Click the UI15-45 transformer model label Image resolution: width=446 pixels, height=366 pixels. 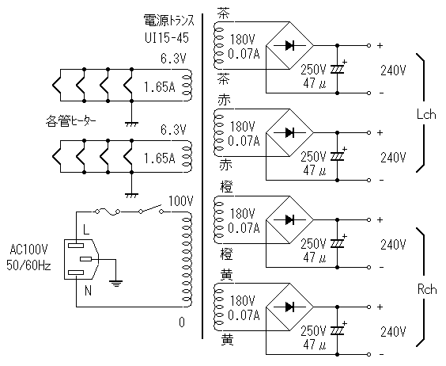click(x=167, y=37)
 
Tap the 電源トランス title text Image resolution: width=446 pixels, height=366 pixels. click(x=168, y=21)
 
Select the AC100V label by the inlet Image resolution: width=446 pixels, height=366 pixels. click(x=29, y=250)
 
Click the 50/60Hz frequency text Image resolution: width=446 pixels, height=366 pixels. click(x=28, y=265)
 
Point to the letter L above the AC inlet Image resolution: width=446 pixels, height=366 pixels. click(x=86, y=229)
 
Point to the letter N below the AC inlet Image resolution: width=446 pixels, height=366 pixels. click(x=88, y=291)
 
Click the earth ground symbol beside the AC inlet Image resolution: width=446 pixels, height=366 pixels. click(x=115, y=284)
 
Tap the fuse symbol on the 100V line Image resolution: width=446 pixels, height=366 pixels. click(x=108, y=212)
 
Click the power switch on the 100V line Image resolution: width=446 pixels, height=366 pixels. click(x=151, y=209)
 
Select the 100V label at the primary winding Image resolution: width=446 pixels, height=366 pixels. click(x=181, y=201)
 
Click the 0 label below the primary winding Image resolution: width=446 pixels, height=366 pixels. click(x=182, y=322)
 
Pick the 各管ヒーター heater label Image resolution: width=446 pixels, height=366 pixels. click(x=70, y=121)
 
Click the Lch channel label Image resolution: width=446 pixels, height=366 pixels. click(x=426, y=115)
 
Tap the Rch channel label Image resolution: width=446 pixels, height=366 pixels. click(x=427, y=290)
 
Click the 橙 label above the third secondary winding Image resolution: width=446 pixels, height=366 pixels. click(x=226, y=187)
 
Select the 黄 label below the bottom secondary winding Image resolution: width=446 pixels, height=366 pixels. click(x=227, y=340)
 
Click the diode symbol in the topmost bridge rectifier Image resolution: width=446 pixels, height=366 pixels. click(x=289, y=45)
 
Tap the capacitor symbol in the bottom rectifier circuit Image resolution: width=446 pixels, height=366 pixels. click(x=338, y=331)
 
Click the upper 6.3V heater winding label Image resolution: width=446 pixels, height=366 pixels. click(x=173, y=59)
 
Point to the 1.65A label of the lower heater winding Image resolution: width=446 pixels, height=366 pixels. click(x=160, y=158)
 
